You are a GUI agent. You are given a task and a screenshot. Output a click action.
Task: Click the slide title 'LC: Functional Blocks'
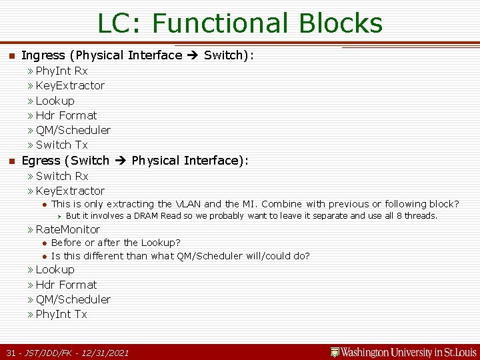[x=240, y=23]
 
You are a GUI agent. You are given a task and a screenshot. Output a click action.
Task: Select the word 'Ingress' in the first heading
[x=43, y=55]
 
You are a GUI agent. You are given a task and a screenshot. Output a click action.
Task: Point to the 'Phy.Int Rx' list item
[x=61, y=71]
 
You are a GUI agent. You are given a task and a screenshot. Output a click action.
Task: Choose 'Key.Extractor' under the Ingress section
[x=70, y=85]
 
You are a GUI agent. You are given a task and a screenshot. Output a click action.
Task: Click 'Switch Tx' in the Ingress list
[x=61, y=145]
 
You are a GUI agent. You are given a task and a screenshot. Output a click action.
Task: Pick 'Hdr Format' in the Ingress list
[x=66, y=115]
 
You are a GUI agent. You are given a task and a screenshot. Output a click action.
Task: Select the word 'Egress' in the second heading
[x=41, y=161]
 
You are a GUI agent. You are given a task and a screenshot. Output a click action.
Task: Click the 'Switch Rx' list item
[x=61, y=176]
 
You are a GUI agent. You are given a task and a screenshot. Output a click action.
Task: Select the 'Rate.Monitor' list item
[x=67, y=229]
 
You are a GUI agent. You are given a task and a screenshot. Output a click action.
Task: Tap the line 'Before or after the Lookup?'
[x=115, y=243]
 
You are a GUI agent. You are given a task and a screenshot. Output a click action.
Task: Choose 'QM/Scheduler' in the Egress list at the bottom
[x=73, y=299]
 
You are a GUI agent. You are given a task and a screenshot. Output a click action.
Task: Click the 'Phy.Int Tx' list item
[x=61, y=314]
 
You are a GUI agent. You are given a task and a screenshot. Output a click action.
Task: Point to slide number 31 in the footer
[x=11, y=353]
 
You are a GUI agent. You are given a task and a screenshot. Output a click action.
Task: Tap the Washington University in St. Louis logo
[x=404, y=352]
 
